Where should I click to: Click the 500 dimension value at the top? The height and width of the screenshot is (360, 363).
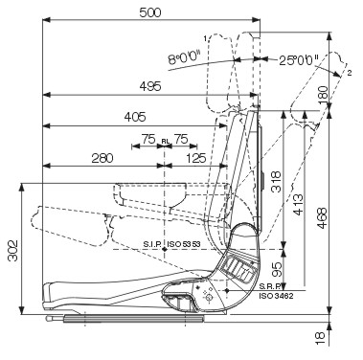pyautogui.click(x=150, y=12)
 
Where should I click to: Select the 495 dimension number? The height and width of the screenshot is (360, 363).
pyautogui.click(x=150, y=86)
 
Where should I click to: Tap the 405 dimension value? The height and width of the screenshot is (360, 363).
pyautogui.click(x=135, y=117)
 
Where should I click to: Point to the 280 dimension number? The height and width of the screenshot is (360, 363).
pyautogui.click(x=102, y=158)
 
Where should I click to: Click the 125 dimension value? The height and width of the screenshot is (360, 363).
pyautogui.click(x=195, y=158)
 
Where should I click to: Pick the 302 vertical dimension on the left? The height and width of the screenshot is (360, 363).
pyautogui.click(x=12, y=251)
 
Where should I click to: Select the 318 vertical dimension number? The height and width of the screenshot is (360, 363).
pyautogui.click(x=276, y=182)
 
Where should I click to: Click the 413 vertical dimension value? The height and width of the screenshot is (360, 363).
pyautogui.click(x=298, y=204)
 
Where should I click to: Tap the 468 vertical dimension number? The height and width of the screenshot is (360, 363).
pyautogui.click(x=322, y=218)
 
